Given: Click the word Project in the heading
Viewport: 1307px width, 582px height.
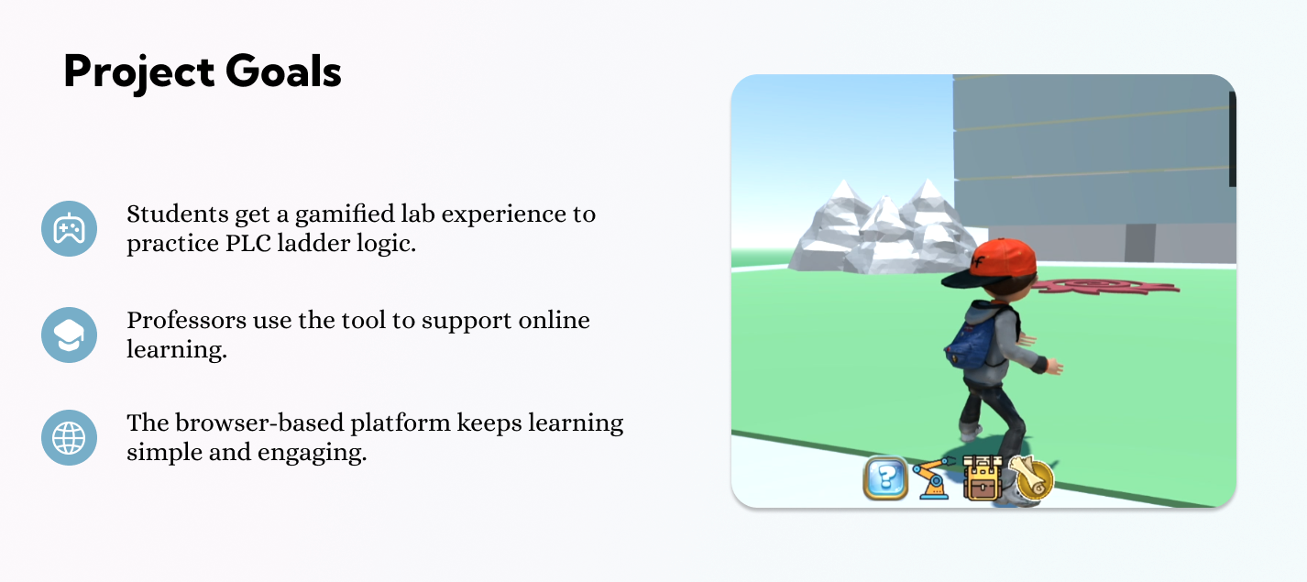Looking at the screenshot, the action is point(139,72).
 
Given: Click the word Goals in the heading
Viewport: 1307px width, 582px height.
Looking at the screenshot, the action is point(283,71).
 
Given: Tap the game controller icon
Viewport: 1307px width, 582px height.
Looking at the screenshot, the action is point(69,229).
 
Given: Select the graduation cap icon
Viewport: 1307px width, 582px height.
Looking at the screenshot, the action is point(69,335).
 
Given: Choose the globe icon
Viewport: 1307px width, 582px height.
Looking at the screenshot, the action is point(69,438).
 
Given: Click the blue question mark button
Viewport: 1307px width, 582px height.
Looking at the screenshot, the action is point(885,478).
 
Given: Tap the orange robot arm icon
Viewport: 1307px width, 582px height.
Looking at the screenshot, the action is point(933,478).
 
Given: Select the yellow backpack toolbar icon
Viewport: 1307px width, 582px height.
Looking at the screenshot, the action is point(982,478).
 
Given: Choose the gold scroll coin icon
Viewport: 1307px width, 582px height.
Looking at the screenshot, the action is point(1031,478).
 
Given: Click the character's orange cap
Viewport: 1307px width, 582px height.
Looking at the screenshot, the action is point(994,264).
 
